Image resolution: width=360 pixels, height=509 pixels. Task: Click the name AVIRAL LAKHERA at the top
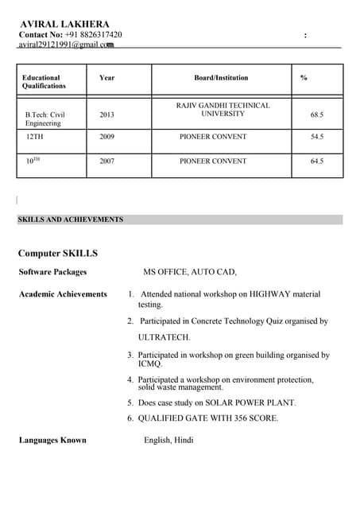coord(64,25)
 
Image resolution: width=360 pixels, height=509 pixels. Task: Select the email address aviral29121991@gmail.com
coord(66,45)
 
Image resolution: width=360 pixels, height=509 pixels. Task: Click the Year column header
coord(106,78)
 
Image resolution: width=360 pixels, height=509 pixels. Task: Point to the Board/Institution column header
coord(221,78)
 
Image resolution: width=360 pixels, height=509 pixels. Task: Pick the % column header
coord(304,78)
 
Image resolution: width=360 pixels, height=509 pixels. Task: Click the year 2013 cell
coord(106,115)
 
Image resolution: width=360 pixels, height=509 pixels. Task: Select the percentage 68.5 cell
coord(316,115)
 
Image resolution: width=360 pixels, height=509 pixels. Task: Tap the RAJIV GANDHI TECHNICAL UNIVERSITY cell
coord(223,110)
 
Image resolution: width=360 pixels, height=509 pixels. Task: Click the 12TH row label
coord(34,137)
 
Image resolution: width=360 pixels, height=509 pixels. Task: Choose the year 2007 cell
coord(106,161)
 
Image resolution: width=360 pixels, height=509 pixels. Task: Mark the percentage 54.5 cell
coord(316,137)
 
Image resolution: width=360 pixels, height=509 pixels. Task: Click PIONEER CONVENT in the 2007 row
coord(213,161)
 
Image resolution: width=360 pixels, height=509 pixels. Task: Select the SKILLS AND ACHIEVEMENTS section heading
coord(71,220)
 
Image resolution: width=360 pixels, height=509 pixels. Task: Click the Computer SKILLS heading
coord(58,254)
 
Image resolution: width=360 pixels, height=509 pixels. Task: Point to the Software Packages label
coord(52,272)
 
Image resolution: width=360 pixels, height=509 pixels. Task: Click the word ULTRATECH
coord(165,337)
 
